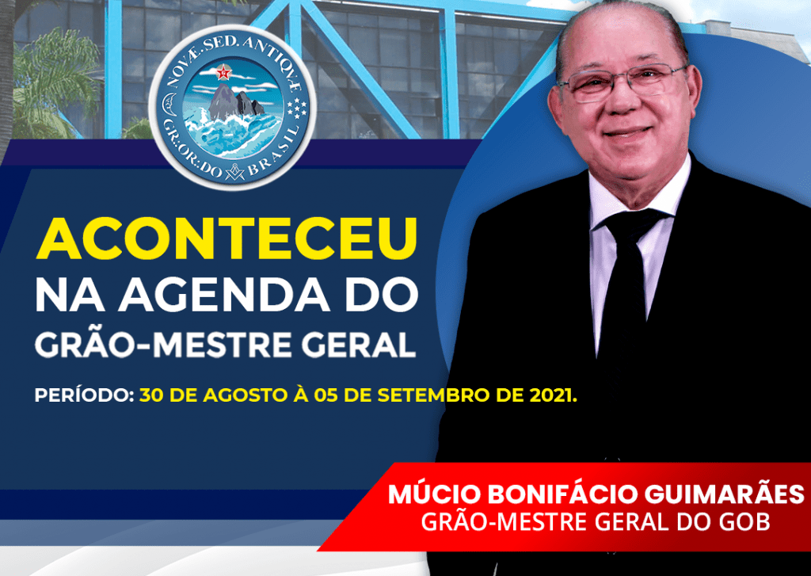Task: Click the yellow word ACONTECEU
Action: (x=227, y=238)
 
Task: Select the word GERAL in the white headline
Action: (x=359, y=344)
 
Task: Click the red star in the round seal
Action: (x=223, y=73)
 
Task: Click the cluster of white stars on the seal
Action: (x=298, y=107)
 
